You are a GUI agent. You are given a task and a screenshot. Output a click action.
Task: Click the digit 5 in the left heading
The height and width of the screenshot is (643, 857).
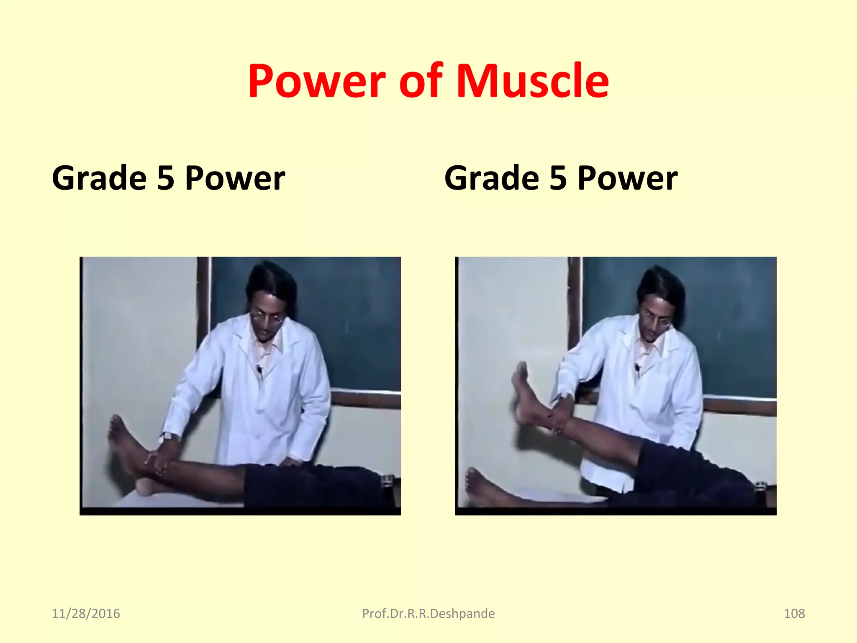(166, 178)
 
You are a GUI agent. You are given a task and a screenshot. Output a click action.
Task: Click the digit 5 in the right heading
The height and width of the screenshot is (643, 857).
(558, 178)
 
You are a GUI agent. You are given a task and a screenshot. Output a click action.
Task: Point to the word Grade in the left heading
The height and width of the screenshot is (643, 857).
(99, 178)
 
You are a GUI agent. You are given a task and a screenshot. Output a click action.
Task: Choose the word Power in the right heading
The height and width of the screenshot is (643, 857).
(627, 178)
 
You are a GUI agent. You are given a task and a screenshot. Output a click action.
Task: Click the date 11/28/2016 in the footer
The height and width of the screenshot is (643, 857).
(86, 613)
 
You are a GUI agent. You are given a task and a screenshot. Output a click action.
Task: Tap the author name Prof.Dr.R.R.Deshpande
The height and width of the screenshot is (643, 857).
(428, 613)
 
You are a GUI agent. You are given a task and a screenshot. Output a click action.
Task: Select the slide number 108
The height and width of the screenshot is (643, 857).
(794, 613)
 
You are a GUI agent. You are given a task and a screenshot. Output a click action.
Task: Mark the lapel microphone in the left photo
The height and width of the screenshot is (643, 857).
(259, 369)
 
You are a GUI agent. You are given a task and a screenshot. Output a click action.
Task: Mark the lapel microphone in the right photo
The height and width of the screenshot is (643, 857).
(637, 368)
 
